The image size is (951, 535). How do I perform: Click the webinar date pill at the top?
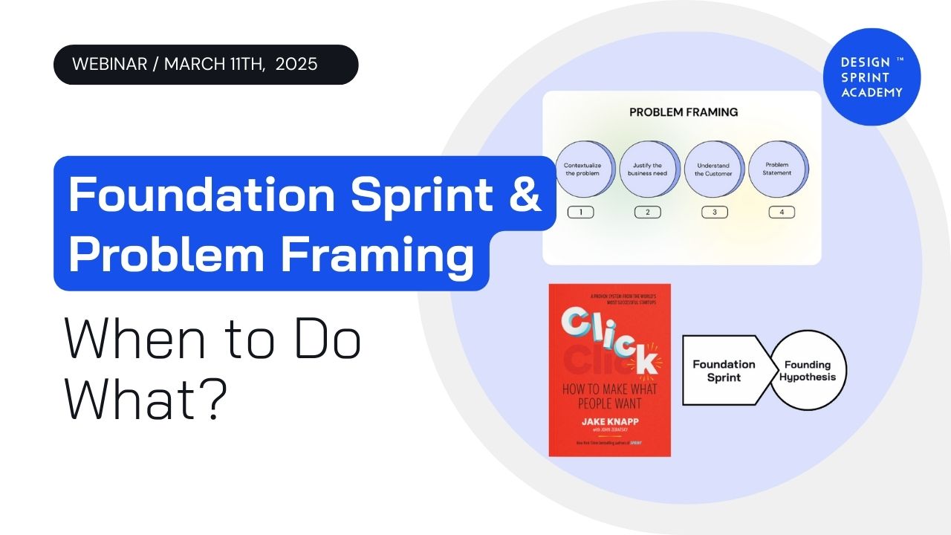click(x=205, y=65)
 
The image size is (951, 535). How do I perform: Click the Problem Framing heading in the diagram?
click(x=684, y=113)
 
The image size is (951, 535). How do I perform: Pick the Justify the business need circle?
click(x=649, y=169)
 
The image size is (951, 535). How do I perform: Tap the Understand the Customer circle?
click(x=713, y=169)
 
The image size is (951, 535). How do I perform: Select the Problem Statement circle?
click(x=777, y=169)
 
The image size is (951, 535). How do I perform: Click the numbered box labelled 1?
click(x=580, y=213)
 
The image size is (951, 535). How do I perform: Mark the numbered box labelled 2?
click(x=647, y=213)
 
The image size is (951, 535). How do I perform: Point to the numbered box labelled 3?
click(x=714, y=213)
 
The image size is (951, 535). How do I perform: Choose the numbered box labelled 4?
click(x=781, y=213)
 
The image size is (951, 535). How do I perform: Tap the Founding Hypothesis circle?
click(x=808, y=371)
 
